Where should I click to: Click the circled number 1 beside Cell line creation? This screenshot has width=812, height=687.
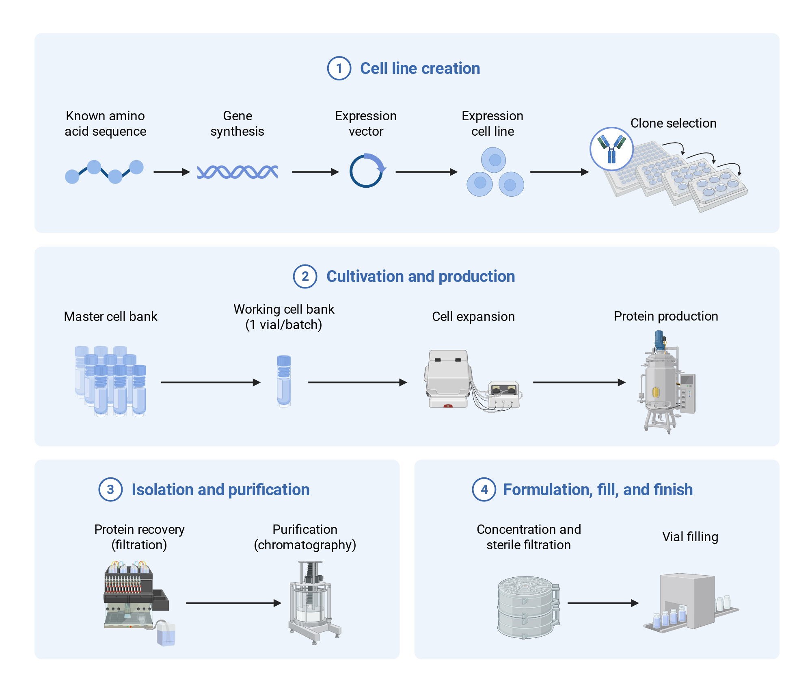coord(339,68)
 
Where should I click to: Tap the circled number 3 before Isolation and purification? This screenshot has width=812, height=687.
coord(110,490)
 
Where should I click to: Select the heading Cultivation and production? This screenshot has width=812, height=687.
coord(421,276)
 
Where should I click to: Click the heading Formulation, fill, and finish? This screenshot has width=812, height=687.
coord(598,490)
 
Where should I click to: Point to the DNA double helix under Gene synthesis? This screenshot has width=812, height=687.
coord(238,172)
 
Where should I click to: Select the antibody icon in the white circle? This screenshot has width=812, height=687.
coord(611,149)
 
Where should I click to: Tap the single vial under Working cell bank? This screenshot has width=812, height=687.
coord(284,381)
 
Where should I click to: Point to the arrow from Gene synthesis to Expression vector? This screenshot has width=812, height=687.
coord(315,172)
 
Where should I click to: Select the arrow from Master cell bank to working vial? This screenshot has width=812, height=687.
coord(211,382)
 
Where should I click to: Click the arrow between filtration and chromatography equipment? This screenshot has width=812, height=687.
coord(233,603)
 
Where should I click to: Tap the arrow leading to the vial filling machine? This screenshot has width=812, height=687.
coord(603,603)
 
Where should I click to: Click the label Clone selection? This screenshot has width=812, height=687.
coord(673,123)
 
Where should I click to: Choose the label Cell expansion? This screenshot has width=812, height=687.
coord(473,316)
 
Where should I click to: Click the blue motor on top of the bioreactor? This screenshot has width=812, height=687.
coord(659,340)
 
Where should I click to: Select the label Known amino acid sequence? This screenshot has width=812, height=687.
coord(105,124)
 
